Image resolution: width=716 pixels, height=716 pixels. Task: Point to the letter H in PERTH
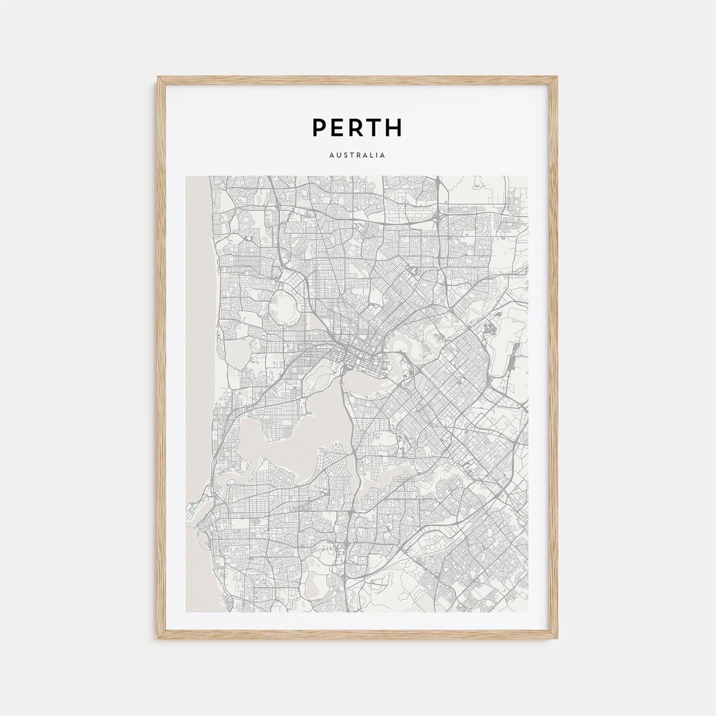click(x=394, y=127)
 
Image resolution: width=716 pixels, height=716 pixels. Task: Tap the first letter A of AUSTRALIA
click(x=331, y=156)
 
